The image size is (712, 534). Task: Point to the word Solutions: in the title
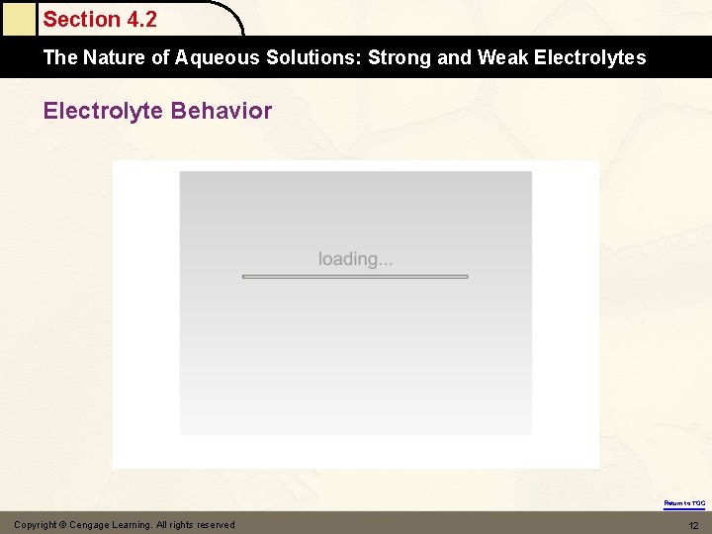coord(312,57)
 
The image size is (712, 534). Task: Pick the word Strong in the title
coord(400,57)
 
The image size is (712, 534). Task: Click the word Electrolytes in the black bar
coord(589,57)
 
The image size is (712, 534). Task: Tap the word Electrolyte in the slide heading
coord(104,110)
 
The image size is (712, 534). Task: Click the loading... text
coord(355,259)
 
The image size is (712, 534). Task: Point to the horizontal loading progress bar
coord(355,277)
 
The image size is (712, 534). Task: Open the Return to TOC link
coord(684,503)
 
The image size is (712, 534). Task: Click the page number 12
coord(693,525)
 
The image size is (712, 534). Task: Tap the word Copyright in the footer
coord(37,525)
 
